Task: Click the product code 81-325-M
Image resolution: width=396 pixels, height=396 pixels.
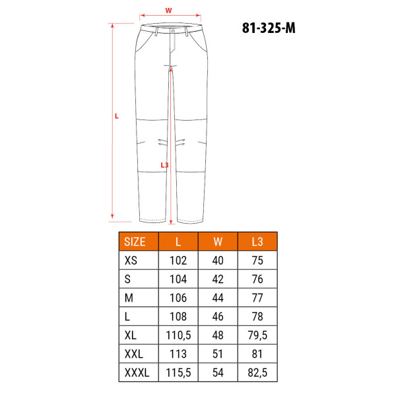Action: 269,28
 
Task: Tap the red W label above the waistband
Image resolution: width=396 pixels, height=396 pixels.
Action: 168,11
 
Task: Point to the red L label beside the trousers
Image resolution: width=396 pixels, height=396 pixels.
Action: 116,116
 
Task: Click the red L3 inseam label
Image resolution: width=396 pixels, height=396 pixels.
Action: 164,165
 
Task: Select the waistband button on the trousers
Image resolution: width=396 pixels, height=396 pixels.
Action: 173,31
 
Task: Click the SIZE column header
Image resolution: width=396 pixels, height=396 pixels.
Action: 135,242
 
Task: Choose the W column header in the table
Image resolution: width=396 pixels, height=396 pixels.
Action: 218,242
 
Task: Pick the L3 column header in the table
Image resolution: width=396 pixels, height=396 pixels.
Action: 257,242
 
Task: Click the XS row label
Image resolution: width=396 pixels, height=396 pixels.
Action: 131,261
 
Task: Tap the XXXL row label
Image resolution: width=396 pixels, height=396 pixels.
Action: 137,372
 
